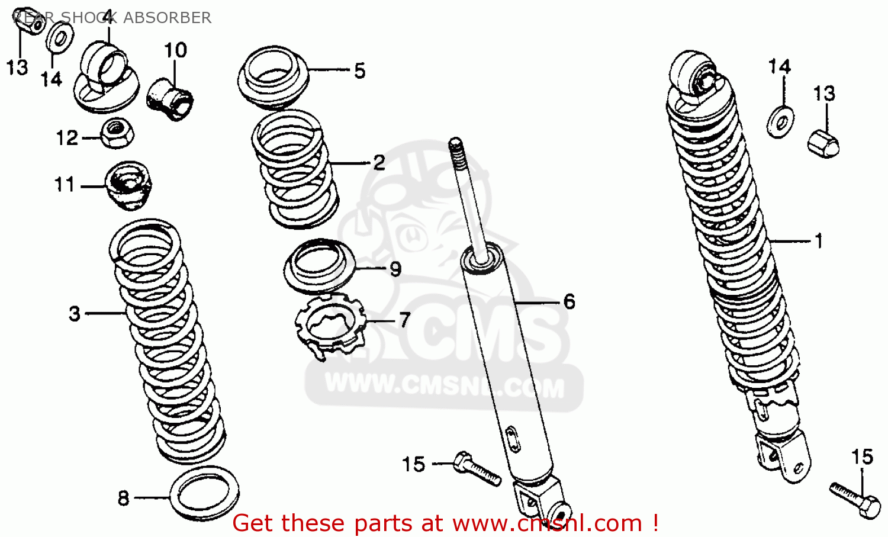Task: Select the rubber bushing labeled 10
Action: [x=170, y=99]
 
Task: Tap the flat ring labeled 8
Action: [x=204, y=493]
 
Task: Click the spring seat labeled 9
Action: [x=320, y=266]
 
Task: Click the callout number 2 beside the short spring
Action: [x=379, y=163]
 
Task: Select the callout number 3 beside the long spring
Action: [x=75, y=313]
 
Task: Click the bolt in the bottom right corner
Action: [x=855, y=499]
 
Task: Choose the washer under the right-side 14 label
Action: [x=781, y=121]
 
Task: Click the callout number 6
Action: [x=569, y=301]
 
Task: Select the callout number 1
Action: [x=819, y=241]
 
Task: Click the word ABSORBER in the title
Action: [x=167, y=18]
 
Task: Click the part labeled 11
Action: [x=128, y=185]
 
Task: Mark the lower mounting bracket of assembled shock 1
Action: [x=783, y=453]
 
